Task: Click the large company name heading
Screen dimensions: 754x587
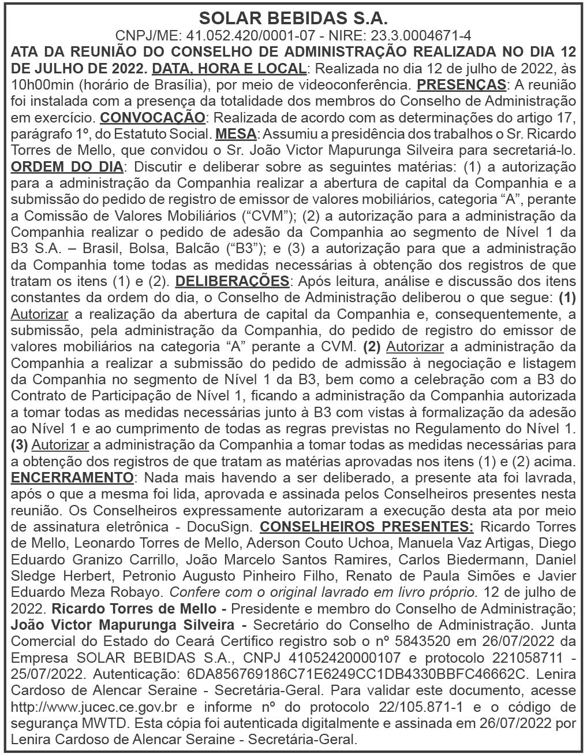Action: click(x=293, y=17)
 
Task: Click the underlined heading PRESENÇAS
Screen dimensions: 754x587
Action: click(x=461, y=84)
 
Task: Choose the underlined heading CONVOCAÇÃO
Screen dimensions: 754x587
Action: click(x=152, y=118)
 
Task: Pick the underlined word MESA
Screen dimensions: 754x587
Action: click(x=235, y=134)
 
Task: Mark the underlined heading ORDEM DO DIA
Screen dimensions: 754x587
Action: click(x=67, y=167)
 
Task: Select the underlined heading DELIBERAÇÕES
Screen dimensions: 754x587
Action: click(x=231, y=281)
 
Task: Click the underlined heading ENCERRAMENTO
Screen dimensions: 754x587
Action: click(x=72, y=478)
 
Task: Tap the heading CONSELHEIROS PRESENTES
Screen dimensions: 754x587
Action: click(x=367, y=527)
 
